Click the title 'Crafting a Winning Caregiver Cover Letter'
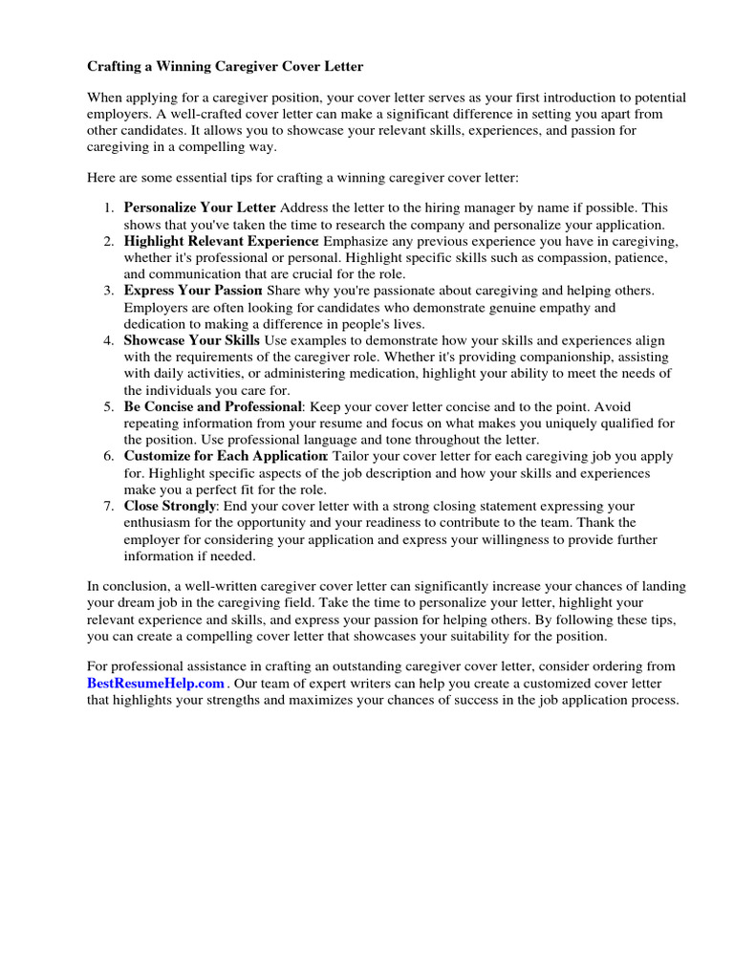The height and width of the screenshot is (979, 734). point(226,67)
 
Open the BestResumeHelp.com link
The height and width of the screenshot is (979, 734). point(156,683)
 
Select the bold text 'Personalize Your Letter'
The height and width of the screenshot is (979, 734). point(200,207)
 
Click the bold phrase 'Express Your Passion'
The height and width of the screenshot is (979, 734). point(193,291)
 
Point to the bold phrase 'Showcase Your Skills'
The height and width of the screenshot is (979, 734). point(192,340)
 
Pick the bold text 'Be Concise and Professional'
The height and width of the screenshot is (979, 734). point(213,406)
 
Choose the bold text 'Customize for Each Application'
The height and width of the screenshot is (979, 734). point(226,456)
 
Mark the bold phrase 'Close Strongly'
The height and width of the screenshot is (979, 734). point(170,506)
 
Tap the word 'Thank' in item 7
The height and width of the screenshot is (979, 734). point(617,523)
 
